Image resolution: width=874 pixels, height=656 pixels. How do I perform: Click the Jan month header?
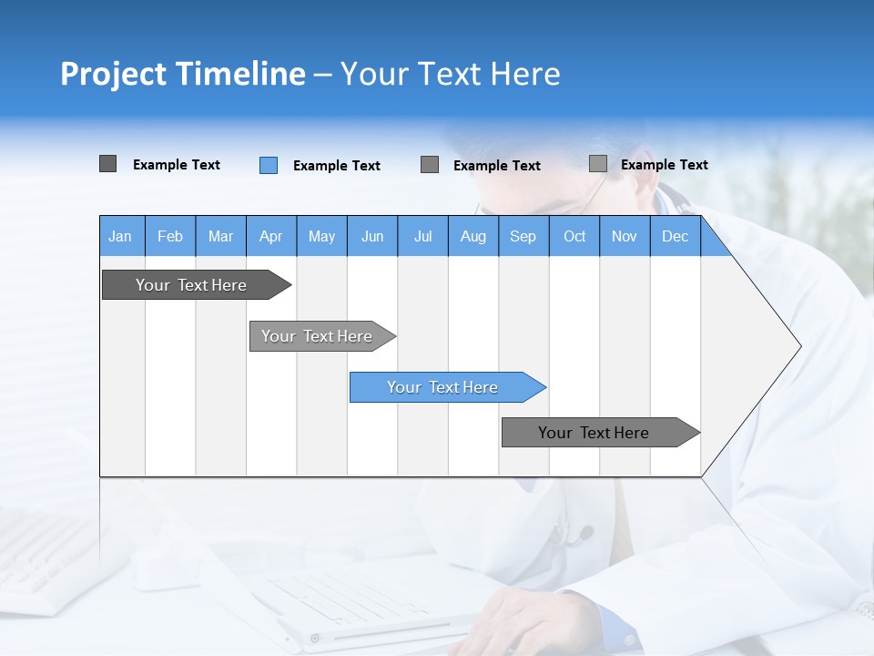tap(120, 236)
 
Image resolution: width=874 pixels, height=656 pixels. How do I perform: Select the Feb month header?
tap(170, 236)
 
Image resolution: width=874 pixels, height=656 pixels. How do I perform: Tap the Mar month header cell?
tap(220, 236)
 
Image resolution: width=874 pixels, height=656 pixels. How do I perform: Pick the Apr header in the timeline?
tap(270, 236)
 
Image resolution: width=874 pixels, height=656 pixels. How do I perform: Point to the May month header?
tap(321, 236)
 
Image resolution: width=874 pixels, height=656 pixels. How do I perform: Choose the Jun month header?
tap(372, 236)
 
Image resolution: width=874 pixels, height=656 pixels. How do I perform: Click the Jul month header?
tap(422, 236)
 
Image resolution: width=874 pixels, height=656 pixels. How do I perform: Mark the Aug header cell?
tap(473, 236)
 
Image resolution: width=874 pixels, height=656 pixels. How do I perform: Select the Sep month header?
tap(523, 236)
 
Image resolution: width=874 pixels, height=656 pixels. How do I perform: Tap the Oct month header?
tap(574, 236)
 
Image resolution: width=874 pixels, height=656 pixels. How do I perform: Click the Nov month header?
tap(625, 236)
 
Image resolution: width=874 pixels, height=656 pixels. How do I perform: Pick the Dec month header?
tap(675, 236)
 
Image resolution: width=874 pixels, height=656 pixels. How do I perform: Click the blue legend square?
tap(269, 165)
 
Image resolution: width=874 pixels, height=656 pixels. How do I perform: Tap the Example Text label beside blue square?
tap(337, 166)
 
